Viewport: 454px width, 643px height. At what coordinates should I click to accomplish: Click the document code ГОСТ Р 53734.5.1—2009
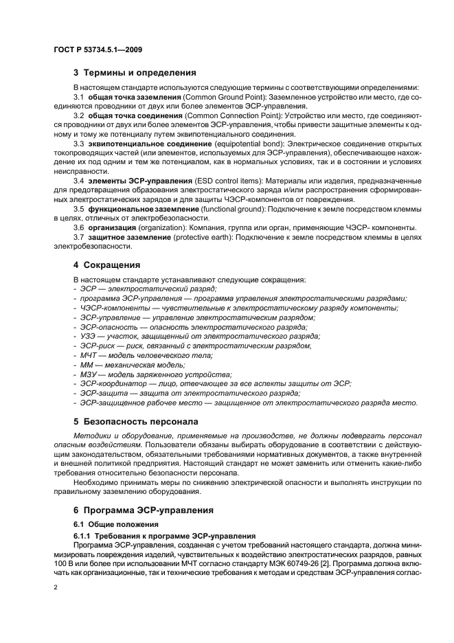[97, 49]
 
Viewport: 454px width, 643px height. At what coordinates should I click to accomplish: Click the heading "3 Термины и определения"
[135, 72]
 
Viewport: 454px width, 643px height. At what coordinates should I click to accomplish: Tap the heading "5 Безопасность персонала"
[135, 420]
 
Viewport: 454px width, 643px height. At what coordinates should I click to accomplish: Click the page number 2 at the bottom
[57, 588]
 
